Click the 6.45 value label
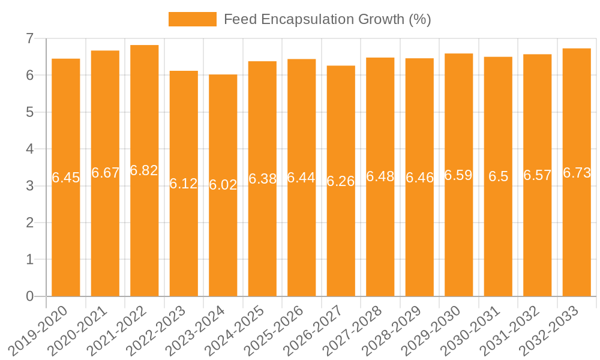66,178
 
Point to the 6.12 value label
184,184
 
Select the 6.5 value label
498,176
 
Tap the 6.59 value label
458,175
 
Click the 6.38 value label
262,179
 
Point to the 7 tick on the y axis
29,38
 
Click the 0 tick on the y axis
29,296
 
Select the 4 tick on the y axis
29,149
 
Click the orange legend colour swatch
192,19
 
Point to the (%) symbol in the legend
419,19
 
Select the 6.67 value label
105,173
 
